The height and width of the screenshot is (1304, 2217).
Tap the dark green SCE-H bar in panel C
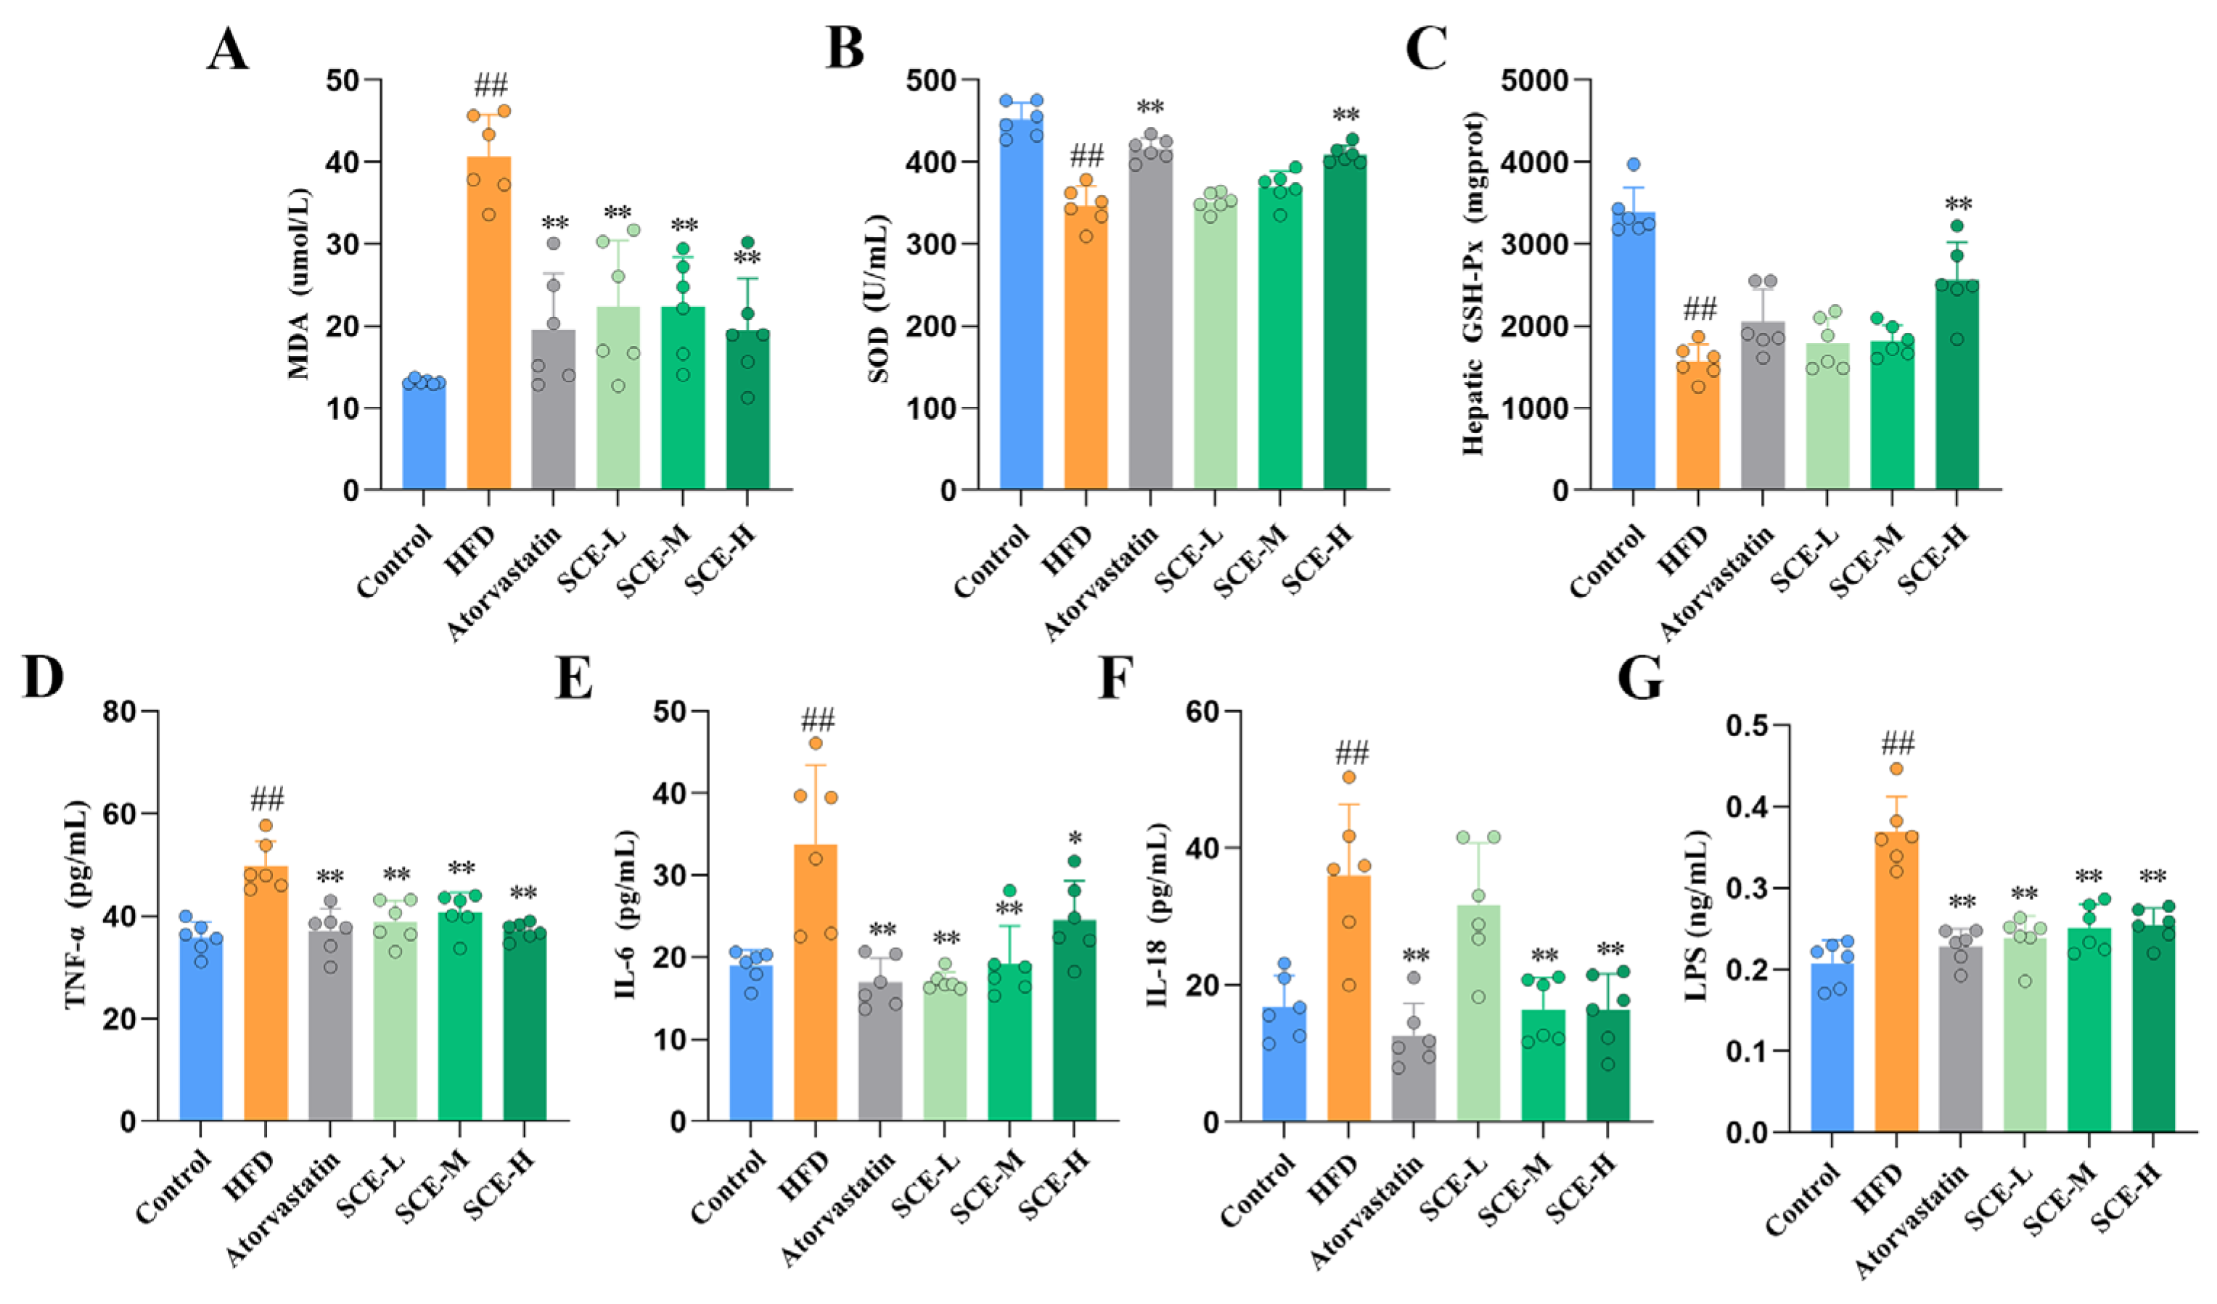pos(1956,396)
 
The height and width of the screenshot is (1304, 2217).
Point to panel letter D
pos(43,678)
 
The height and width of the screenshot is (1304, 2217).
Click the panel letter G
pos(1641,678)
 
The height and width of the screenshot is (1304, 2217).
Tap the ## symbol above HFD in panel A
pos(490,86)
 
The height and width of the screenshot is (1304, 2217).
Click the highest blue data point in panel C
pos(1634,165)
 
